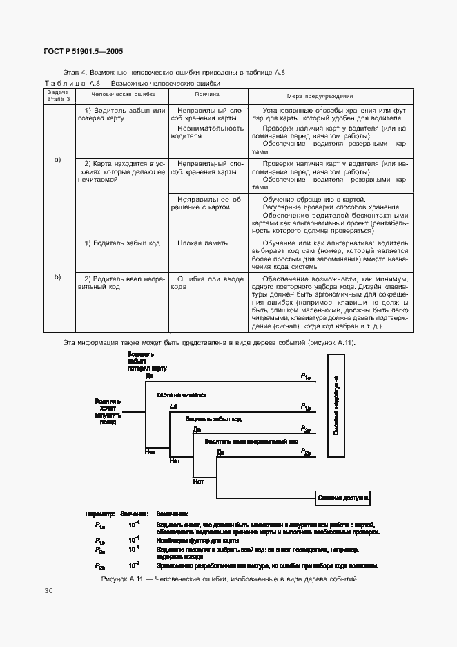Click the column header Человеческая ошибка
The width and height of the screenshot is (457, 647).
(124, 96)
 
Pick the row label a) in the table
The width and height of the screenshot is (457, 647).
(58, 160)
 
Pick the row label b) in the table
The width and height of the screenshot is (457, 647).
(58, 277)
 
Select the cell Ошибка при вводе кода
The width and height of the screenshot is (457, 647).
(207, 283)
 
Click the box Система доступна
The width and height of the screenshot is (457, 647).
(342, 497)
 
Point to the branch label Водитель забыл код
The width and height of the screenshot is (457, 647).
(213, 419)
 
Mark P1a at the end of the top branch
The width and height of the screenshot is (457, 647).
(306, 376)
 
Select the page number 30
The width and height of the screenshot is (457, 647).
(48, 591)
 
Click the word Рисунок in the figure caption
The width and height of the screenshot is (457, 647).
(115, 579)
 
